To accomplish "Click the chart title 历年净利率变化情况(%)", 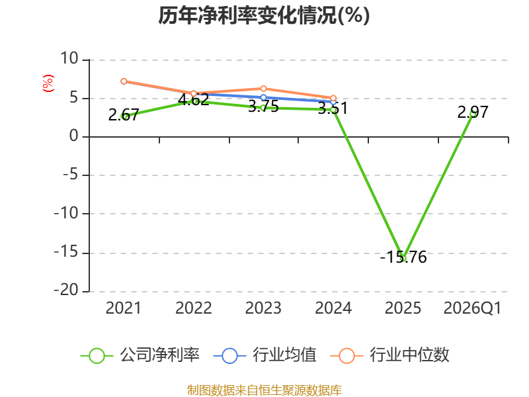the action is [264, 15].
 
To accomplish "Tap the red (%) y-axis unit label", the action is [48, 83].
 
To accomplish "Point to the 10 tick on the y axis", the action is [69, 58].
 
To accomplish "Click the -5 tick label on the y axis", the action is [71, 175].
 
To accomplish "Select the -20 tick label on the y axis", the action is [66, 290].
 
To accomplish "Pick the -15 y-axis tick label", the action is [66, 252].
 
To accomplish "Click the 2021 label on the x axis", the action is [124, 308].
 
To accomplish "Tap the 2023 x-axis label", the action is [263, 308].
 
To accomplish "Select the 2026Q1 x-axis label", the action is [472, 308].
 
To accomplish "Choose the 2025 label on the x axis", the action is [403, 308].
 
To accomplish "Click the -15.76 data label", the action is [403, 257].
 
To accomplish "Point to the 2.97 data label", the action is [473, 112].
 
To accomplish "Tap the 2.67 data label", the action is [124, 114].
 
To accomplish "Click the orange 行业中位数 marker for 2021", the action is [124, 81].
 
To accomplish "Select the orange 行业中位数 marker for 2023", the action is [263, 89].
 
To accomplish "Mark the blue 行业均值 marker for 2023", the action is [263, 97].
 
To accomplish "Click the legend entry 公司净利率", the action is [140, 355].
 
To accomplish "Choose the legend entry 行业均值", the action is [265, 355].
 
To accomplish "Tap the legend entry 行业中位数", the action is [390, 355].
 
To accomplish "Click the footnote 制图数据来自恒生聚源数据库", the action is [264, 390].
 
